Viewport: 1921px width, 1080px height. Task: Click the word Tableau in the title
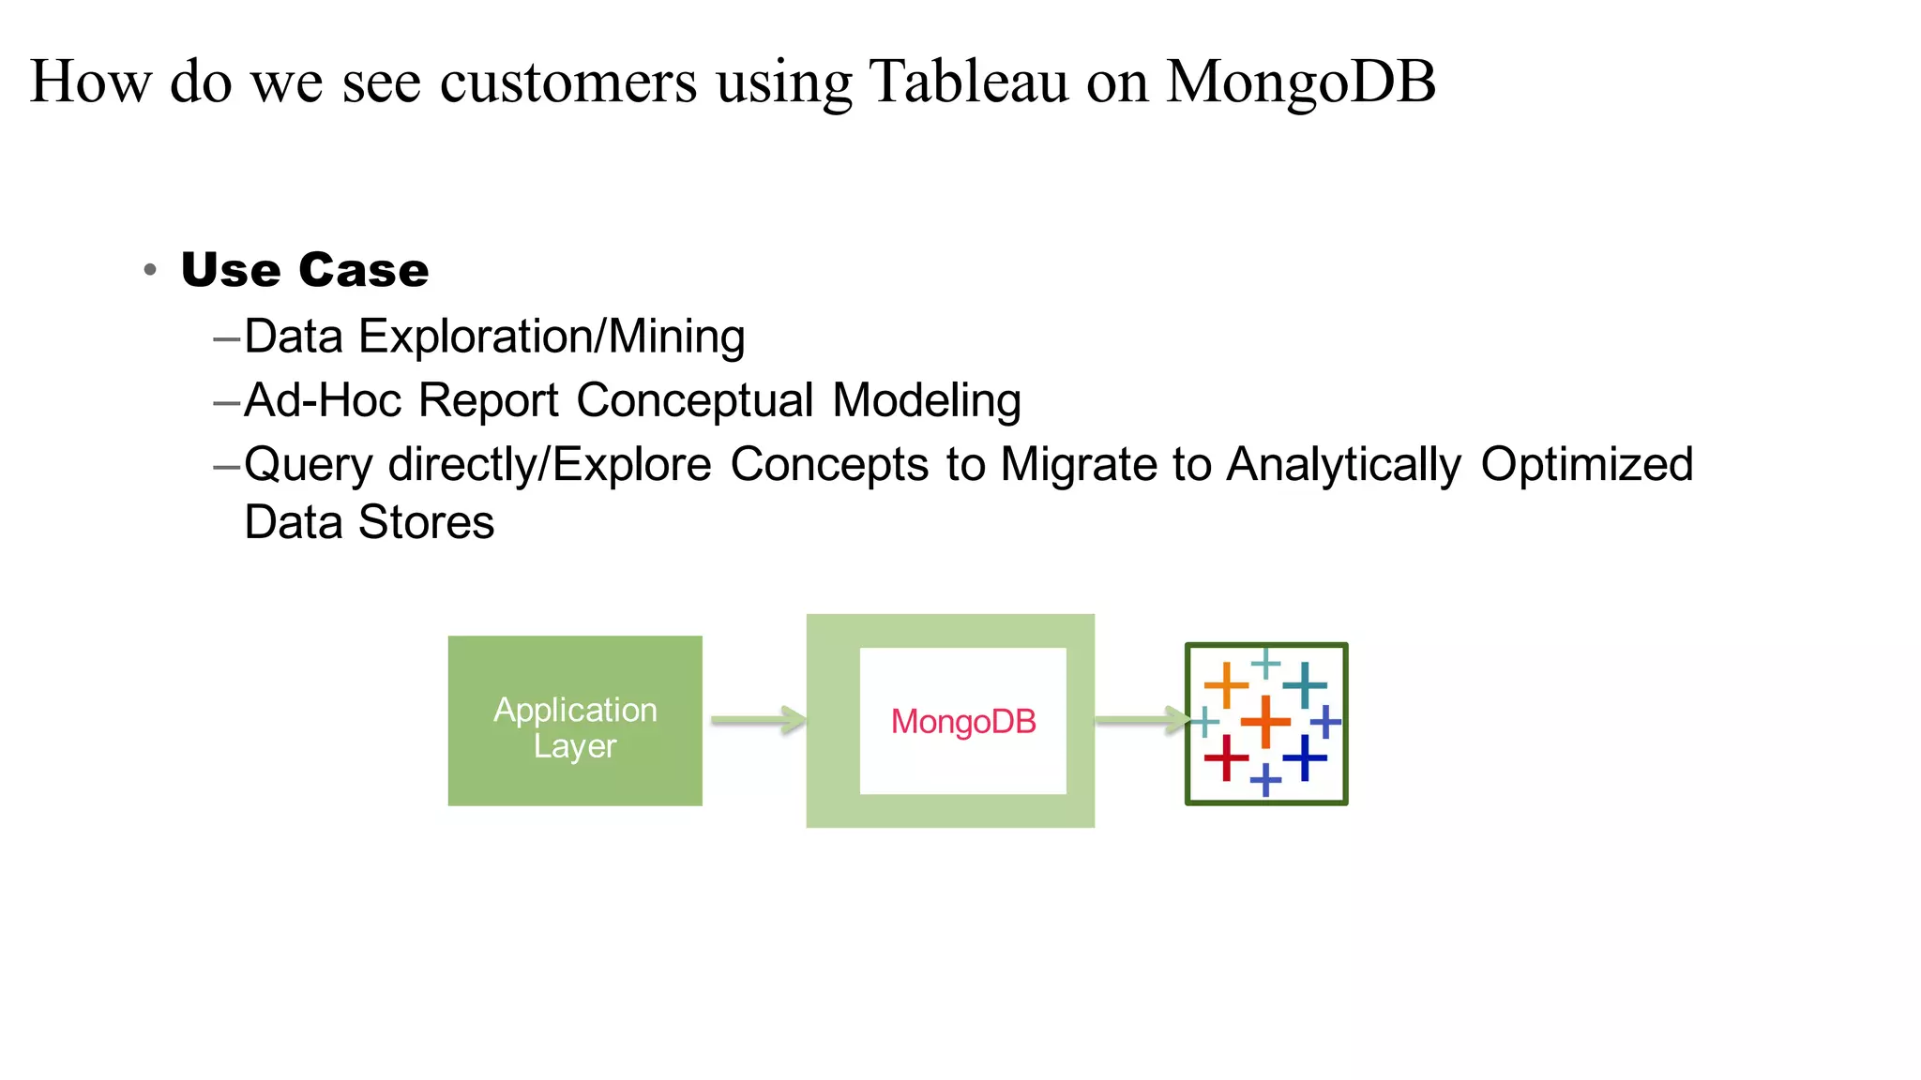968,81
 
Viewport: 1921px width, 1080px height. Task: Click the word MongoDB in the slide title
1300,81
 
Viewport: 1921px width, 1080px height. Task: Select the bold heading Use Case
305,270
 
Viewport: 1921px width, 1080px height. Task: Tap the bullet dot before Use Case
150,271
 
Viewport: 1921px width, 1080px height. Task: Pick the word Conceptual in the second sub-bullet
694,400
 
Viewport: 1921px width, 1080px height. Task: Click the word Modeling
926,400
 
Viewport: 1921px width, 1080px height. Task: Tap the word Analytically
1343,464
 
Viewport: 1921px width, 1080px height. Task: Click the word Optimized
1586,464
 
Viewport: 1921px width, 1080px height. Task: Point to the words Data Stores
369,522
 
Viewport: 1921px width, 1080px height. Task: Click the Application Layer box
575,721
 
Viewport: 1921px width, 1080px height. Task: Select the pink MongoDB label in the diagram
963,721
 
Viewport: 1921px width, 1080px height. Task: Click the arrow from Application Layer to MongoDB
757,720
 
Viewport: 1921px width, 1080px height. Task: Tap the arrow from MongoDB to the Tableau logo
1141,720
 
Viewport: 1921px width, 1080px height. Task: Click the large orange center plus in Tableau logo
1265,721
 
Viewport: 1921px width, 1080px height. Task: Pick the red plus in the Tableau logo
1226,757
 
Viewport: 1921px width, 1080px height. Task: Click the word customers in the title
568,81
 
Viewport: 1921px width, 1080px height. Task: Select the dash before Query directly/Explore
227,465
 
